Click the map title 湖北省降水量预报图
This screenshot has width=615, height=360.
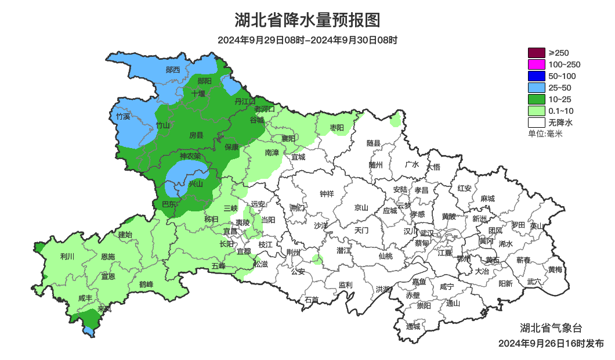pos(307,20)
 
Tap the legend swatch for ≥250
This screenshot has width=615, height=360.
pos(537,53)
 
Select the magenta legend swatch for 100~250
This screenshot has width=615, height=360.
pos(537,64)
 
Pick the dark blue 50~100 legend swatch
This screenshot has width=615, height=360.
pos(537,76)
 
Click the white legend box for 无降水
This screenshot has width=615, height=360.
pos(537,123)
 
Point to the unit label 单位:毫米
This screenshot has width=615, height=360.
pos(545,134)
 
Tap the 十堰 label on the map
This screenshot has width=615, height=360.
pos(198,93)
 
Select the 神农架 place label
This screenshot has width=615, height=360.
pos(190,156)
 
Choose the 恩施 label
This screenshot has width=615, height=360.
pos(107,257)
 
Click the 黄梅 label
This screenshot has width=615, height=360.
pos(555,269)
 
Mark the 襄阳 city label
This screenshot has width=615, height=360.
pos(288,138)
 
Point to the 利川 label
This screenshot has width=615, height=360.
pos(67,256)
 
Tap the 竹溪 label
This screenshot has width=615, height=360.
pos(123,116)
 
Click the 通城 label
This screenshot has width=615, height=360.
pos(413,326)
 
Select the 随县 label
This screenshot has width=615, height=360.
pos(373,143)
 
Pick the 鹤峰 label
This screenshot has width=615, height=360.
pos(146,285)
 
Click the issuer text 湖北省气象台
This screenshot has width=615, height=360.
pos(551,328)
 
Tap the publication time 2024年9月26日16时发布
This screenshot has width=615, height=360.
pos(551,343)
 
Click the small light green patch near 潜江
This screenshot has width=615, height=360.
pos(316,259)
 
